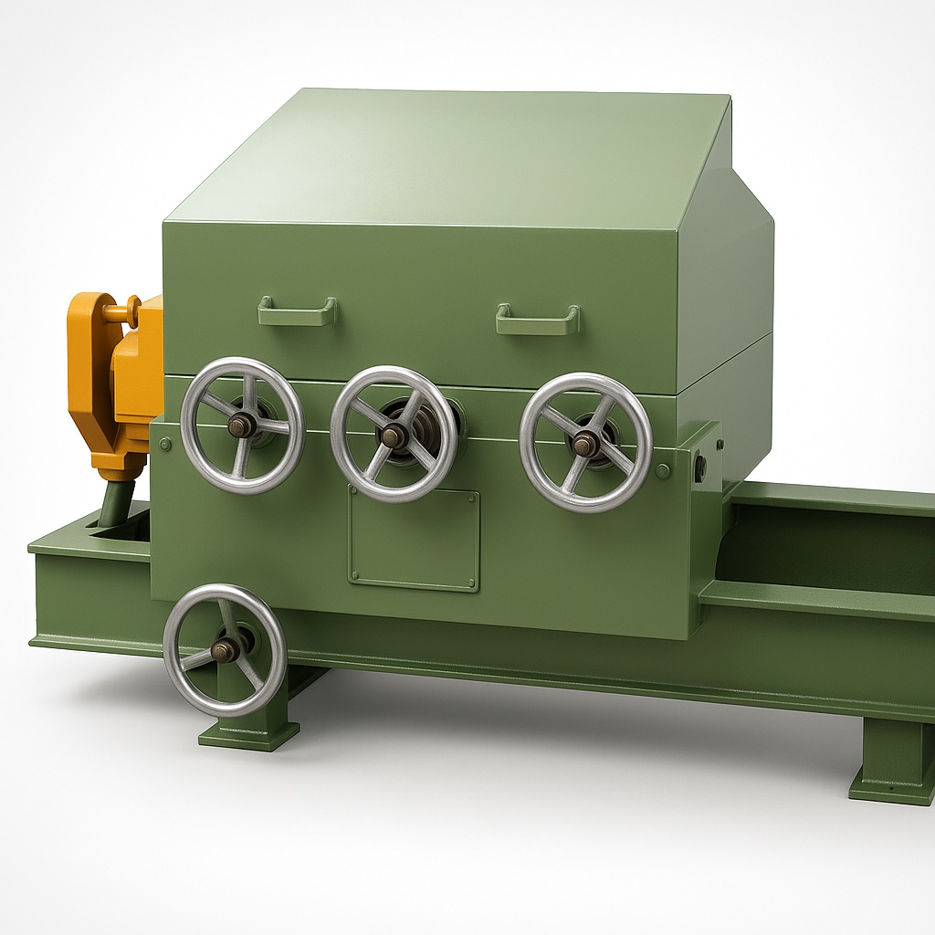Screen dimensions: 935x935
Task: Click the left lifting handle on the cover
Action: tap(297, 311)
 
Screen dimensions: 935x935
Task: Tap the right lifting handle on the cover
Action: tap(538, 320)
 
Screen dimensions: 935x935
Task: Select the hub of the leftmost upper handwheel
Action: tap(241, 425)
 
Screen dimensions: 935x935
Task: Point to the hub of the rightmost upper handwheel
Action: tap(584, 444)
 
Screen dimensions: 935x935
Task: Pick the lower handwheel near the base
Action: tap(225, 649)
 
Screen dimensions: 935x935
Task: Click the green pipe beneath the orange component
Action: tap(115, 504)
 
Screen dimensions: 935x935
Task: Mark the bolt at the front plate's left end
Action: tap(164, 445)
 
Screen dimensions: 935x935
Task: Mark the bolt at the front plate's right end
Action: tap(663, 471)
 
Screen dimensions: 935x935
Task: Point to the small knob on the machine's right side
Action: tap(700, 468)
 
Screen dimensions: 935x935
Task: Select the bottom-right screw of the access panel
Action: tap(471, 582)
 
